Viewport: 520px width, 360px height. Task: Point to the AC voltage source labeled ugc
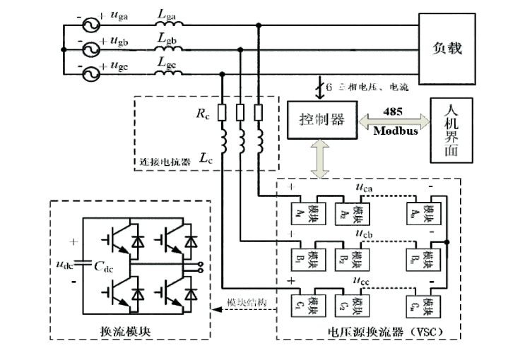90,73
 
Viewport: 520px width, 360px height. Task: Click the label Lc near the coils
203,158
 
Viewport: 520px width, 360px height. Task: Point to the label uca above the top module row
365,188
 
